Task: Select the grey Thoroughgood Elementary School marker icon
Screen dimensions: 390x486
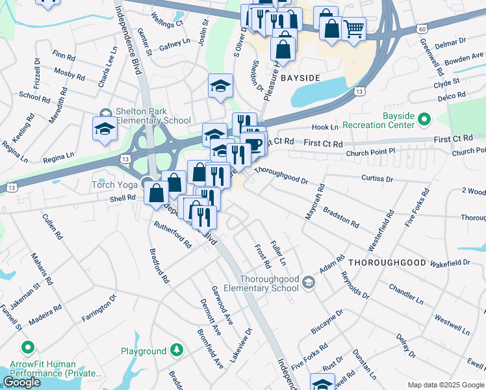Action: click(x=308, y=283)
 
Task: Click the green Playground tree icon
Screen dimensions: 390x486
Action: click(x=177, y=351)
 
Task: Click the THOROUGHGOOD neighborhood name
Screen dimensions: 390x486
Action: click(x=387, y=263)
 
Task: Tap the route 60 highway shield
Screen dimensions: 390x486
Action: click(x=422, y=29)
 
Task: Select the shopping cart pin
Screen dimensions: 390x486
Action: click(x=353, y=28)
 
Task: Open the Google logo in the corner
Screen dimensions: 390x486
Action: click(x=21, y=382)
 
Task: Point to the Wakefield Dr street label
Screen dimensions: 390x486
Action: click(x=449, y=263)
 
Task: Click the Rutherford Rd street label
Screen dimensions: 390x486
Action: click(x=172, y=235)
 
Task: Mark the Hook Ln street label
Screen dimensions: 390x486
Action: click(x=326, y=127)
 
